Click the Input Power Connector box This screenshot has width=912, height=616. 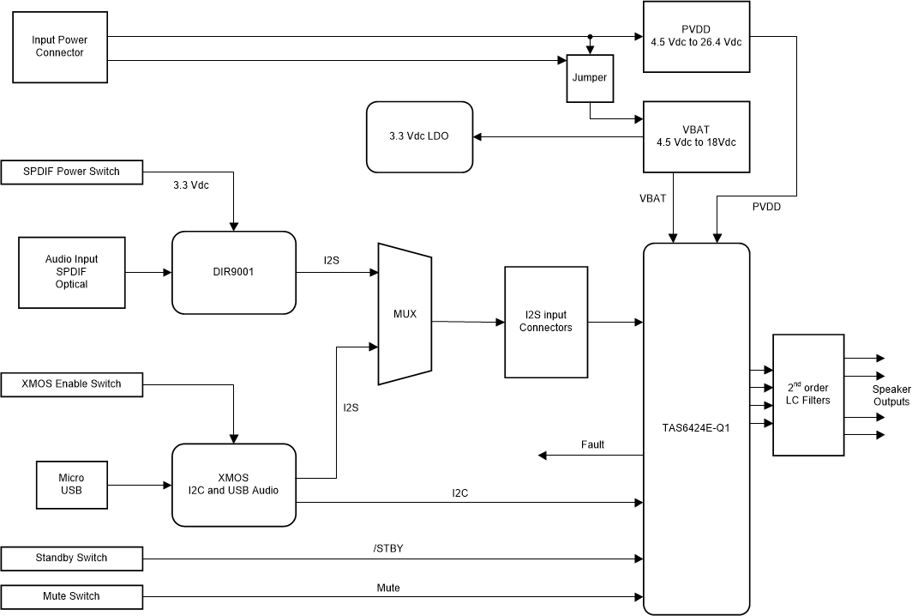(59, 47)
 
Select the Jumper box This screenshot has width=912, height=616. (589, 78)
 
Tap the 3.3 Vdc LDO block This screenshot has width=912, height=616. (419, 137)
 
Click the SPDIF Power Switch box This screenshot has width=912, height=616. (72, 172)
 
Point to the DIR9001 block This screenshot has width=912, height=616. (233, 272)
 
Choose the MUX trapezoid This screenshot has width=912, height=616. (404, 313)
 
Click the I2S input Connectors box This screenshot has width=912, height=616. (545, 322)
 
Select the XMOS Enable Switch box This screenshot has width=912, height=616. (72, 383)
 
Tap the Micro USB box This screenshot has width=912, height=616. (71, 484)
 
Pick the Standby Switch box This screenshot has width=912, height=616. (72, 559)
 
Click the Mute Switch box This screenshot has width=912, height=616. (72, 596)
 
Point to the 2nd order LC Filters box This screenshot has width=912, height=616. (807, 395)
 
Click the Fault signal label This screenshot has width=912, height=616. (592, 444)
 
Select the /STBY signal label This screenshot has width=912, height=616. (388, 548)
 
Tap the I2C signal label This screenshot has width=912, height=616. (460, 493)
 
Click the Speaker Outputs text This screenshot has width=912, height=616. (891, 396)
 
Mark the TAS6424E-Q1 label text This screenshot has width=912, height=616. (696, 426)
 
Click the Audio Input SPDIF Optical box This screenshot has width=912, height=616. (71, 272)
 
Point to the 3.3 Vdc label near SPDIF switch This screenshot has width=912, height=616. (191, 184)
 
